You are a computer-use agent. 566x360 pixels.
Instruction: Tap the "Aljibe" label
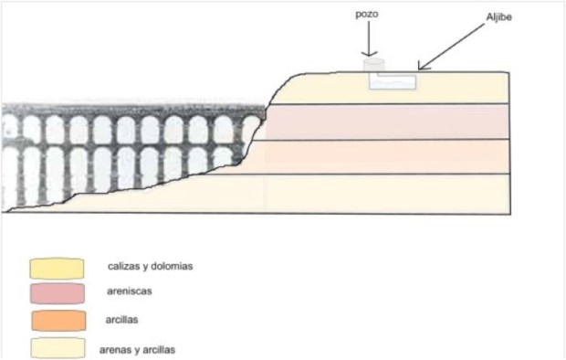pos(501,17)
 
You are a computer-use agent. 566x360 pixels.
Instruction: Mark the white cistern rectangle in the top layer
pos(393,81)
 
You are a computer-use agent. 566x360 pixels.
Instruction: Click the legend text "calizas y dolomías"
pos(156,266)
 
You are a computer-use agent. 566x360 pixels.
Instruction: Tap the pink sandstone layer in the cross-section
pos(393,122)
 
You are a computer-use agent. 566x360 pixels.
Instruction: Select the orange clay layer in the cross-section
pos(393,156)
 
